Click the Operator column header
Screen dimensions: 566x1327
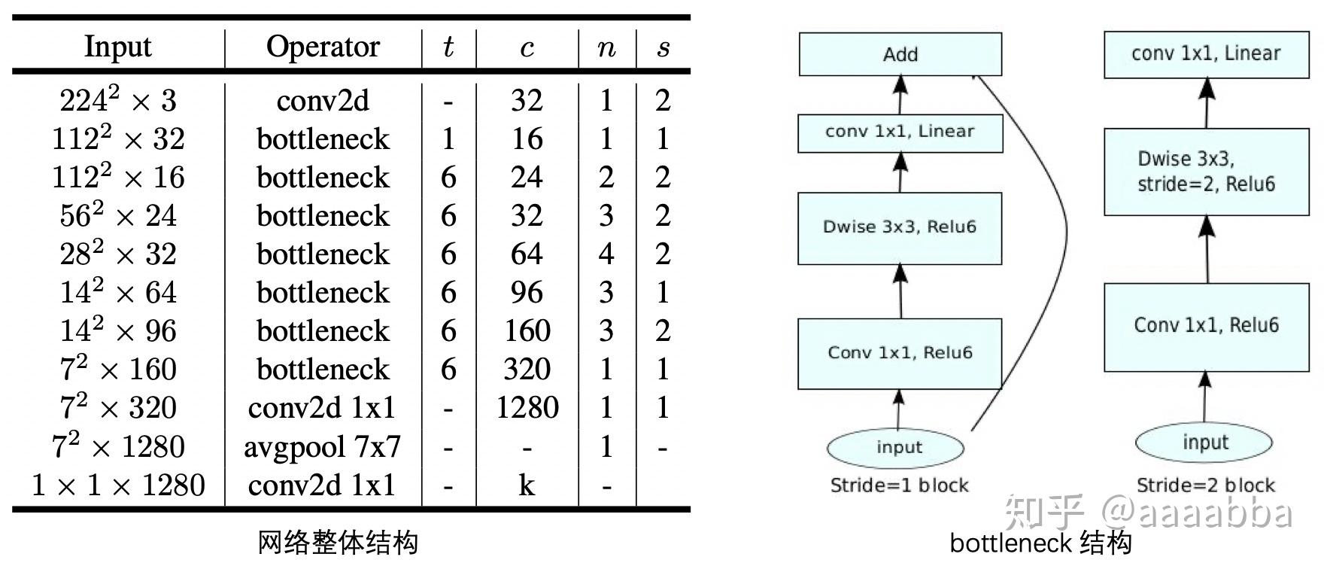[323, 47]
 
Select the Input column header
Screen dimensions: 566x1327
[117, 47]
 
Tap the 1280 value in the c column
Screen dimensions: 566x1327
[527, 408]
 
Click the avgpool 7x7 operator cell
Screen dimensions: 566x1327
[322, 447]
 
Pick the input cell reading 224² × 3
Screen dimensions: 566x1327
[117, 100]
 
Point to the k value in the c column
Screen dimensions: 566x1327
[527, 485]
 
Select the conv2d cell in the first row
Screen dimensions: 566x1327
[323, 100]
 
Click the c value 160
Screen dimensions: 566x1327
[527, 331]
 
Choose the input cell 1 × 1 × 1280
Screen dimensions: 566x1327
[117, 485]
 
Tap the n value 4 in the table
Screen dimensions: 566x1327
[606, 254]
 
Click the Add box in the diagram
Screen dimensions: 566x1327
[900, 54]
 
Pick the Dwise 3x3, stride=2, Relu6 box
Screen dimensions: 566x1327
[1206, 172]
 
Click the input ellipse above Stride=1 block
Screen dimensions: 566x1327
[895, 448]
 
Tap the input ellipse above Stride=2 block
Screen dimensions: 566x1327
[1204, 443]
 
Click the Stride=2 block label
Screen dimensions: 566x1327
[1205, 485]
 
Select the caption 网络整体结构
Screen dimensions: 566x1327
[337, 543]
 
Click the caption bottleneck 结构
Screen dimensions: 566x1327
[1040, 543]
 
